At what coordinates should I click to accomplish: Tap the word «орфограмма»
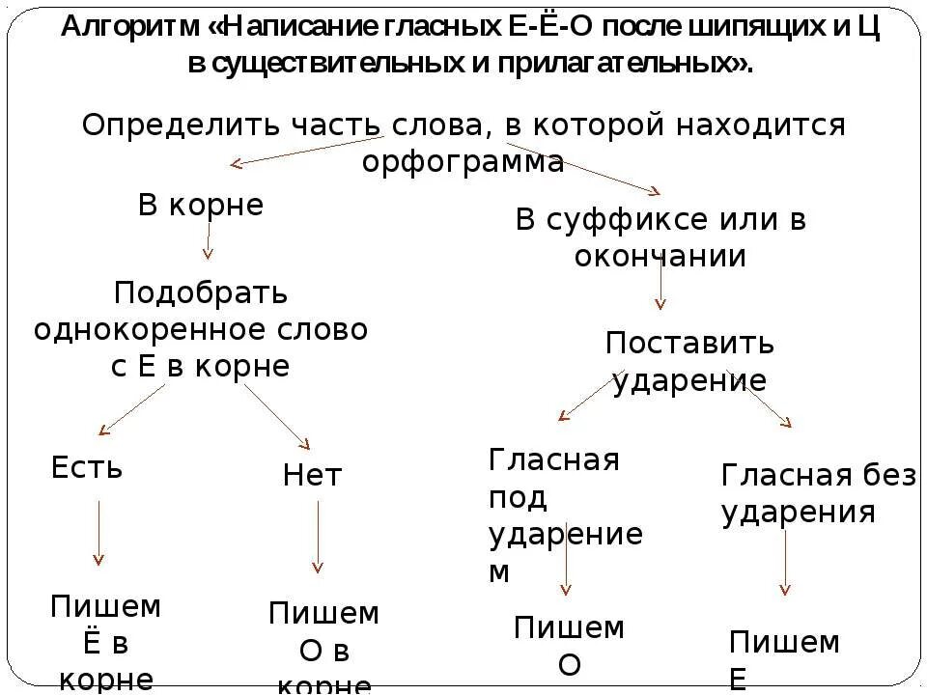point(463,161)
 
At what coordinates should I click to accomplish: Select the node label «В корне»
point(201,206)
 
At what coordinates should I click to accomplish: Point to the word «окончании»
point(660,257)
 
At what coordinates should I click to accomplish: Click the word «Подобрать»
point(201,292)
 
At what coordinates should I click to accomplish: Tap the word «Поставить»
point(689,344)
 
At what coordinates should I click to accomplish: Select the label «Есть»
point(87,469)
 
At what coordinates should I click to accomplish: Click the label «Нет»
point(312,475)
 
